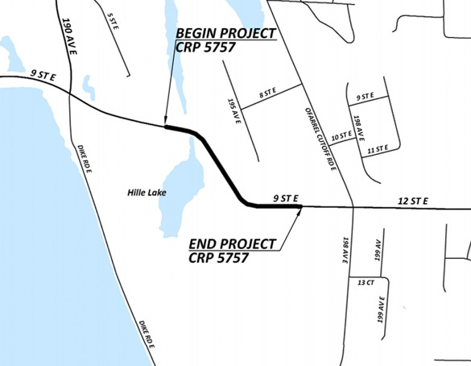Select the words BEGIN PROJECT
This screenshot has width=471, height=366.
click(225, 34)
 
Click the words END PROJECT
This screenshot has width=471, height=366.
click(232, 243)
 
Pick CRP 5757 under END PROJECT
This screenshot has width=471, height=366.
click(217, 258)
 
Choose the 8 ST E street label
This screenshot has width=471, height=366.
click(266, 95)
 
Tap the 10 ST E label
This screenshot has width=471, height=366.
click(342, 137)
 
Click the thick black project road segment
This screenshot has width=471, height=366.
click(219, 165)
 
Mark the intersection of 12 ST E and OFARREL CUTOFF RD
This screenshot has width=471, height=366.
click(355, 207)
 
